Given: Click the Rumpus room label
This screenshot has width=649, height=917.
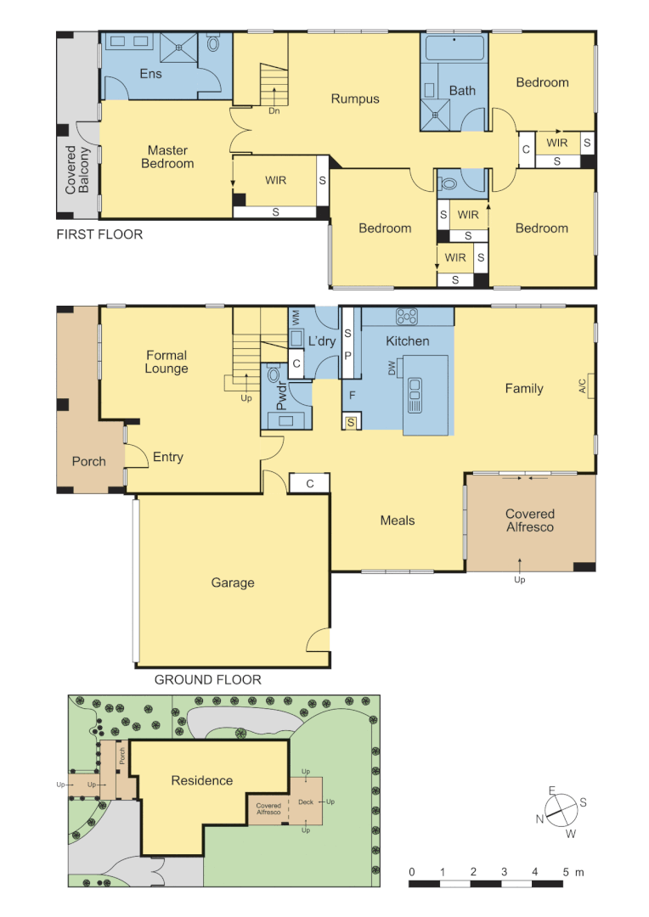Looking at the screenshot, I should tap(355, 99).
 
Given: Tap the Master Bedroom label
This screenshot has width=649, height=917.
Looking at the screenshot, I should tap(167, 157).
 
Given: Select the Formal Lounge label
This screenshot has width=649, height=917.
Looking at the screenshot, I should tap(166, 362).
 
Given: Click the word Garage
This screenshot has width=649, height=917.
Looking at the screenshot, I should tap(233, 582).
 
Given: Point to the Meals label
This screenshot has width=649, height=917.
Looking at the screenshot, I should tap(398, 520).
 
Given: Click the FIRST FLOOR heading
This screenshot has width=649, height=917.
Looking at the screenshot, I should tap(99, 234).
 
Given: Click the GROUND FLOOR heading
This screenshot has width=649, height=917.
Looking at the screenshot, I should tap(208, 679).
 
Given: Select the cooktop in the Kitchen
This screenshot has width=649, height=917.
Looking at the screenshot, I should tap(407, 317).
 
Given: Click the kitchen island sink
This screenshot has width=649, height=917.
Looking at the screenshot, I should tap(415, 394).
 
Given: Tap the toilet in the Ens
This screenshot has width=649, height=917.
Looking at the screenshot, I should tap(213, 44).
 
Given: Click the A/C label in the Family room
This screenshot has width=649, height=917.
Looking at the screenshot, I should tap(584, 386).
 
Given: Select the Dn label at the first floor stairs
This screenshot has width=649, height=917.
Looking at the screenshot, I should tap(274, 110).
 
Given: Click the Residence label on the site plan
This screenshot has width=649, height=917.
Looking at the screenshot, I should tap(202, 780).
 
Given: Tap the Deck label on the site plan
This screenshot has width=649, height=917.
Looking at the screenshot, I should tap(305, 802).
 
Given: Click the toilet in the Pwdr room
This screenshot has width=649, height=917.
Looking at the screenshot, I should tap(274, 374).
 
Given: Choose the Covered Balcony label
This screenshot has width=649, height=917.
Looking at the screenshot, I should tap(77, 169).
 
